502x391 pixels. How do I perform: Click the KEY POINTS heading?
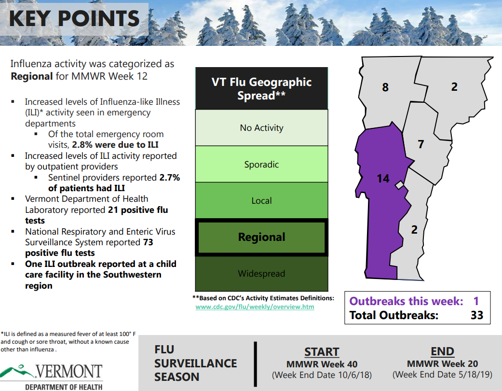pyautogui.click(x=74, y=18)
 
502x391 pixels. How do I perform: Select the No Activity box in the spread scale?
pyautogui.click(x=261, y=127)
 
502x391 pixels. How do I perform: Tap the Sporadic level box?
pyautogui.click(x=261, y=164)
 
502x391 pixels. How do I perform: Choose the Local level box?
pyautogui.click(x=261, y=201)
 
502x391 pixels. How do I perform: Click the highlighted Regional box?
pyautogui.click(x=261, y=237)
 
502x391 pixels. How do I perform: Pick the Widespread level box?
pyautogui.click(x=261, y=274)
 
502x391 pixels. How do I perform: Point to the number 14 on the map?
pyautogui.click(x=383, y=179)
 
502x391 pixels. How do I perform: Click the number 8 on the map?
pyautogui.click(x=385, y=87)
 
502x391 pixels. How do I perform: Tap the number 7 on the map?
pyautogui.click(x=421, y=144)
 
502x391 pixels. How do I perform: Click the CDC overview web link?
pyautogui.click(x=255, y=307)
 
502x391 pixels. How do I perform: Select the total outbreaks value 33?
pyautogui.click(x=477, y=315)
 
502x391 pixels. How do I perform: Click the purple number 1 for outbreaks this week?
pyautogui.click(x=476, y=301)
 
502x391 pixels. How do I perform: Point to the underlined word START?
pyautogui.click(x=322, y=352)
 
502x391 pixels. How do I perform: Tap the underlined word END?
pyautogui.click(x=443, y=351)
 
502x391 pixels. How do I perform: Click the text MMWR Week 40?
pyautogui.click(x=322, y=364)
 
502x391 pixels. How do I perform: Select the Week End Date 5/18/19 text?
pyautogui.click(x=443, y=375)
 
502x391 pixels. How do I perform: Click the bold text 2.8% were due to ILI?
pyautogui.click(x=115, y=145)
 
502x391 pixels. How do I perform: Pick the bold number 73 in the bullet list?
pyautogui.click(x=148, y=242)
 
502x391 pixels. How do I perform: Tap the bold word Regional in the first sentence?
pyautogui.click(x=32, y=77)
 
